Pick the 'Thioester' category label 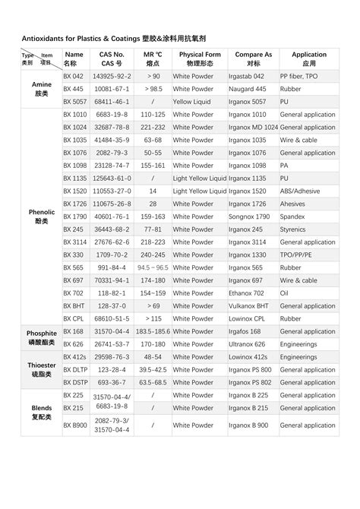pyautogui.click(x=41, y=369)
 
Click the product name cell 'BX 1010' pyautogui.click(x=75, y=115)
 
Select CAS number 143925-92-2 pyautogui.click(x=112, y=77)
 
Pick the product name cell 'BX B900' pyautogui.click(x=75, y=425)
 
